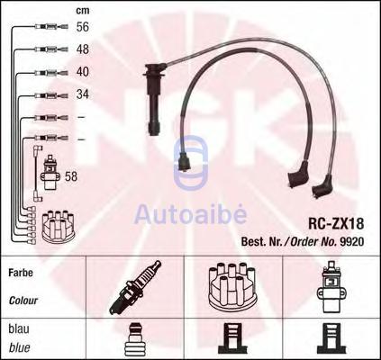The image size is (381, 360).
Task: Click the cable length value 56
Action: pos(83,27)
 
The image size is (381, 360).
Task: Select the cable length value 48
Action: pos(83,49)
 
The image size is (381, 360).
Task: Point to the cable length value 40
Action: pos(83,72)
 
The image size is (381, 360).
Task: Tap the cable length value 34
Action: pos(83,94)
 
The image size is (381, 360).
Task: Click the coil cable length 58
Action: pos(71,176)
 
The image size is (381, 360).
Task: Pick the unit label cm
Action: pos(83,11)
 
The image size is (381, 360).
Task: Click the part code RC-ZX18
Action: pos(336,223)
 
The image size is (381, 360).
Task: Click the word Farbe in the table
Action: pos(21,273)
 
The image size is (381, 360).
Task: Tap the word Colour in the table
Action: pos(23,301)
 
